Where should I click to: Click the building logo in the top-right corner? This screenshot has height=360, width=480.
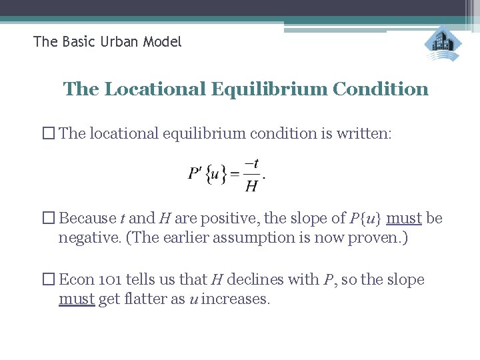(443, 45)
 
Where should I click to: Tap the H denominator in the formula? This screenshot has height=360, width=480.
(252, 186)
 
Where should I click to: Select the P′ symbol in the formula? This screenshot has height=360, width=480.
(195, 175)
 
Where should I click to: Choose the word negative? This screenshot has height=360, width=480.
(86, 237)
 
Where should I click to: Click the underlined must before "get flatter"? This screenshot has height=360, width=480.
(77, 299)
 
